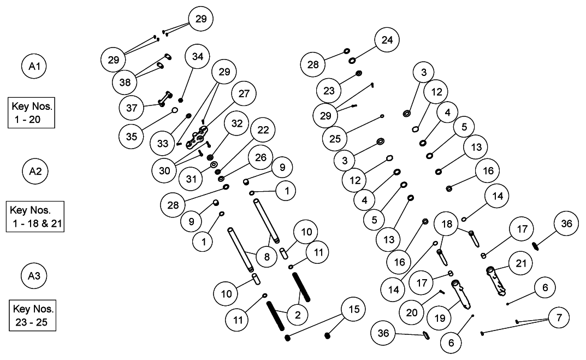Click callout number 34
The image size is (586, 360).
click(x=198, y=56)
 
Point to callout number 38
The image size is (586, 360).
click(x=125, y=82)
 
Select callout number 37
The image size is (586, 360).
click(x=132, y=108)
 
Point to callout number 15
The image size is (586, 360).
click(x=354, y=309)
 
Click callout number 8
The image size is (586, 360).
click(x=267, y=256)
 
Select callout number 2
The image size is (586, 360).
click(x=298, y=314)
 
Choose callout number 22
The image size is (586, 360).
click(x=263, y=129)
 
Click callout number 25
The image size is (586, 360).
click(x=335, y=138)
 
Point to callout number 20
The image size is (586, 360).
click(x=411, y=312)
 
